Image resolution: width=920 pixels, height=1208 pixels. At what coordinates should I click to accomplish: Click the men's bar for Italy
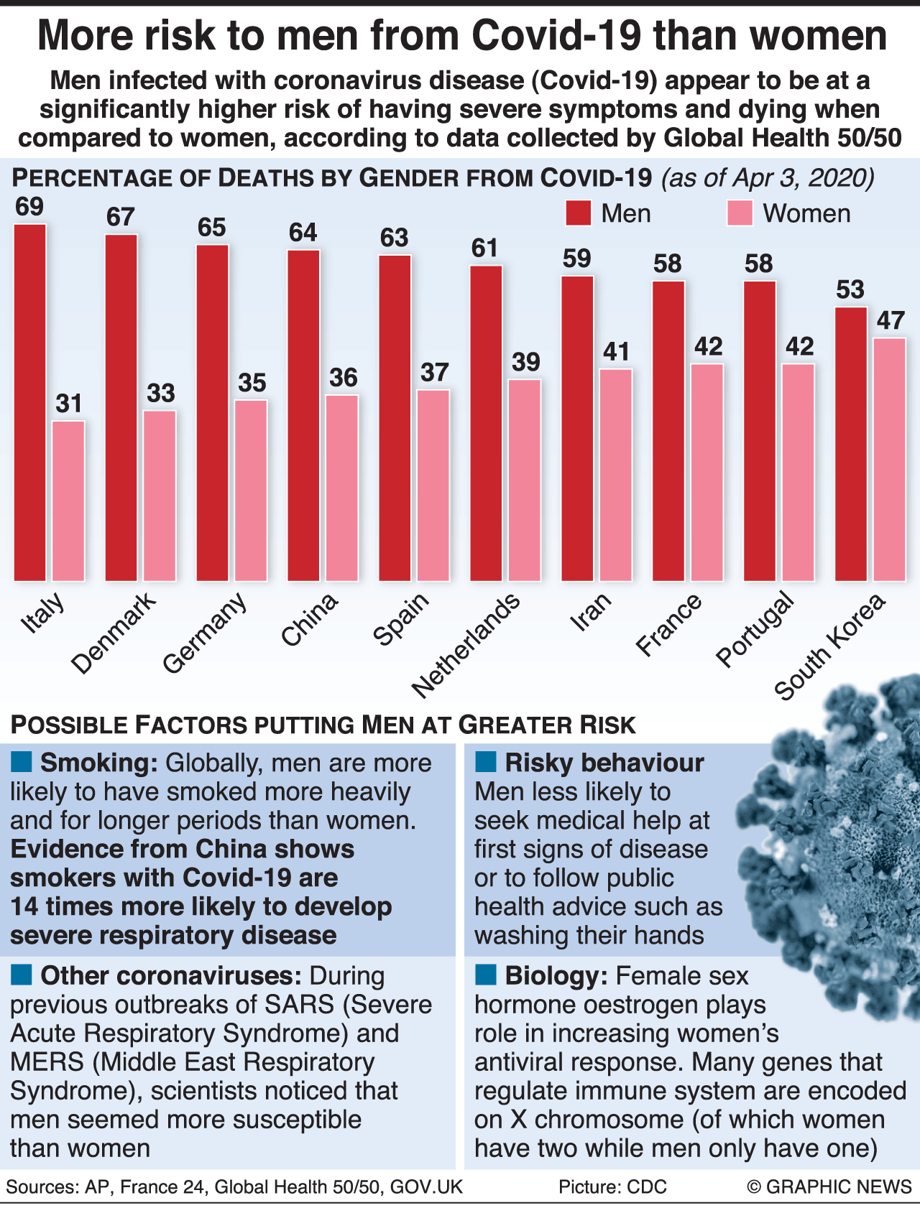point(30,402)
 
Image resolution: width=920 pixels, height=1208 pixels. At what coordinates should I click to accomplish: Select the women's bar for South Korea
point(889,459)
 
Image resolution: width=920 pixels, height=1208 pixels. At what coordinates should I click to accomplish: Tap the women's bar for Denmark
point(160,496)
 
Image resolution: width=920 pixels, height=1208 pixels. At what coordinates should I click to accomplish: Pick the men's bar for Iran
point(577,428)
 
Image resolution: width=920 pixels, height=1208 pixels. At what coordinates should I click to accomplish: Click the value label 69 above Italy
point(29,207)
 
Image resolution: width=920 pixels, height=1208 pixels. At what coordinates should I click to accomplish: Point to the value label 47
point(891,320)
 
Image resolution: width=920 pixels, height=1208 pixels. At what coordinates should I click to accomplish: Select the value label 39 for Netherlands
point(525,361)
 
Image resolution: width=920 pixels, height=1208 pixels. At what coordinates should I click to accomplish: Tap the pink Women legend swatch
point(740,213)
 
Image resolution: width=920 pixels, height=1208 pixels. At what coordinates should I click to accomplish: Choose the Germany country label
point(205,632)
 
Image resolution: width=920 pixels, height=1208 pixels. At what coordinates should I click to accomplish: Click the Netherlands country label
point(466,645)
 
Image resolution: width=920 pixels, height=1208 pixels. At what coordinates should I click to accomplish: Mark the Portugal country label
point(755,628)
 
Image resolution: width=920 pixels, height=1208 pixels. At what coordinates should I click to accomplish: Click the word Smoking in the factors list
point(98,763)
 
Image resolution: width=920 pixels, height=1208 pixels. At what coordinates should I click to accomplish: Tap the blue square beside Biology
point(486,975)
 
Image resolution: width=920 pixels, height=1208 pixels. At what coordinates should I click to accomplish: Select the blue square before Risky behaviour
point(486,762)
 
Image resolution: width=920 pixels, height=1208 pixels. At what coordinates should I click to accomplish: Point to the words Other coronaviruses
point(171,975)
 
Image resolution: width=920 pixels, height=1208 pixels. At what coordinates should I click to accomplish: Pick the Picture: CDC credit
point(612,1186)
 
